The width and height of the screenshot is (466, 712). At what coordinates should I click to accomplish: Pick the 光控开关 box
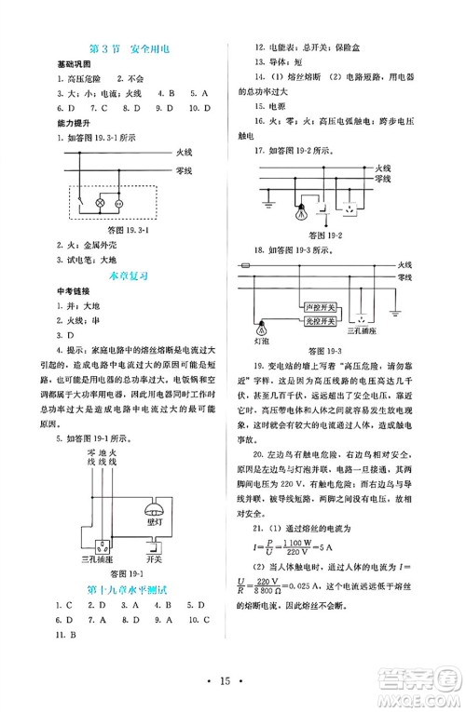pyautogui.click(x=320, y=322)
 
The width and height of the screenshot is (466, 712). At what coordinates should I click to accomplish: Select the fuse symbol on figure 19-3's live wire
pyautogui.click(x=246, y=264)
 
